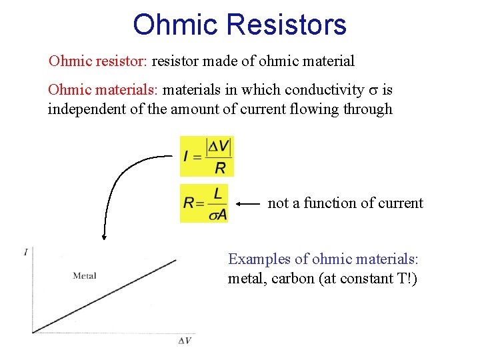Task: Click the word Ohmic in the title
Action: click(175, 25)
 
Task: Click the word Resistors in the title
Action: click(287, 25)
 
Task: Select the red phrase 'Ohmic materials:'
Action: click(103, 89)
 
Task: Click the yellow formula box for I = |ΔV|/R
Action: click(207, 156)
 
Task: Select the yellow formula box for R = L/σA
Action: click(204, 203)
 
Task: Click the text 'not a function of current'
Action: click(345, 203)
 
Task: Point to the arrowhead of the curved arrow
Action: click(104, 235)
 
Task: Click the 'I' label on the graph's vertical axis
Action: click(26, 251)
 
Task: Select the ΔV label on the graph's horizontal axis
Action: click(185, 341)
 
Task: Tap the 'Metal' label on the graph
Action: click(85, 275)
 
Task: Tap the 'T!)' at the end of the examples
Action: click(407, 279)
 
